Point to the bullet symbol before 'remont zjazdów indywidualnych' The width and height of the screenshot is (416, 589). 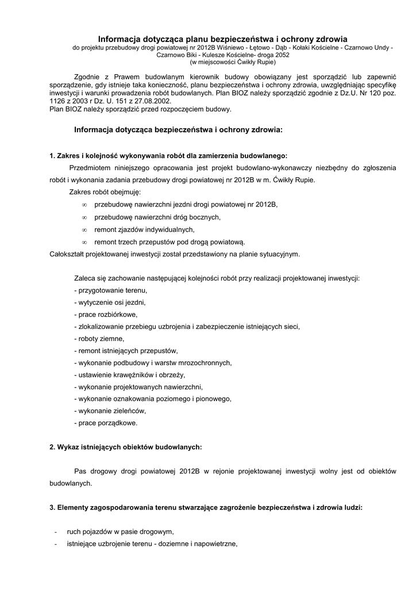tap(84, 230)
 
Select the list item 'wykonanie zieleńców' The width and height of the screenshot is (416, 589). tap(110, 411)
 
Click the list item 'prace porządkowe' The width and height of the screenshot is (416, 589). tap(106, 423)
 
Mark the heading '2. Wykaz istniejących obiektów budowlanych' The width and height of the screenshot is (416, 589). tap(126, 447)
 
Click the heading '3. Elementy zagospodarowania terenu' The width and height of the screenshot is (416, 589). tap(206, 508)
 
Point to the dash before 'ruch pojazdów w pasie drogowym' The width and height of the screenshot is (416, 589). tap(55, 532)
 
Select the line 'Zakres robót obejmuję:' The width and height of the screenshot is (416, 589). tap(105, 192)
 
